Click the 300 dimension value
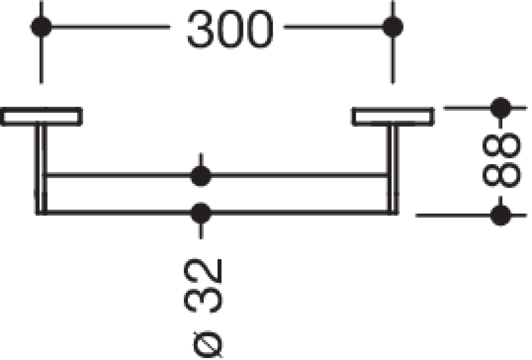(231, 29)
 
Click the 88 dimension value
(501, 161)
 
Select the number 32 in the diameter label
(203, 286)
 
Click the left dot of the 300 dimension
(41, 27)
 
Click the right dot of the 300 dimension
(393, 27)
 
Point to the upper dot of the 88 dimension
(501, 108)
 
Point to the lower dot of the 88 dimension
(501, 216)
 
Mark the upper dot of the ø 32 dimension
(201, 176)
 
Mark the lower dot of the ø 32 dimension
(201, 213)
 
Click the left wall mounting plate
(41, 117)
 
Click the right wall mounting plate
(393, 117)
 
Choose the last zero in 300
(260, 29)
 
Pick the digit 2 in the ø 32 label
(203, 271)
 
